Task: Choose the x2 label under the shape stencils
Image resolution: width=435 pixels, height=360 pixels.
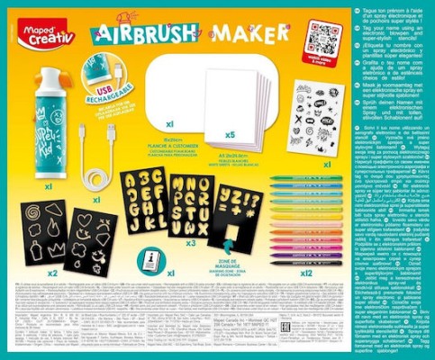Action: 52,271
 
